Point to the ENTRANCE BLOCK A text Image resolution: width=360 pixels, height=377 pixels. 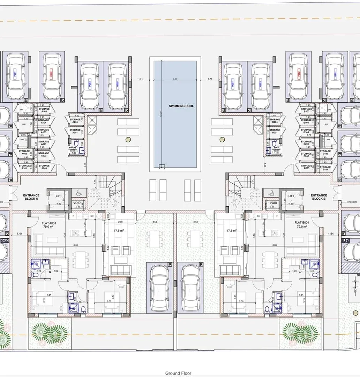coord(31,197)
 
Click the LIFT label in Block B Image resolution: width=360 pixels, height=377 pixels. coord(291,196)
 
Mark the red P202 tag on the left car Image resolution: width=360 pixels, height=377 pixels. coord(51,74)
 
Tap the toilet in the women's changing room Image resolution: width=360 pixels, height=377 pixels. coord(76,143)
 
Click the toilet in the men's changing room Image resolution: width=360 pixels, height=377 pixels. coord(274,143)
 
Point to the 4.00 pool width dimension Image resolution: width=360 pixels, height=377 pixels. coord(175,79)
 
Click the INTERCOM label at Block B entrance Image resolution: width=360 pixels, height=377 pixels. coord(351,202)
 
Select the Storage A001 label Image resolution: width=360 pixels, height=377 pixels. coord(75,132)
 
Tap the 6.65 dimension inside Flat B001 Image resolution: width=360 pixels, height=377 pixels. coord(275,245)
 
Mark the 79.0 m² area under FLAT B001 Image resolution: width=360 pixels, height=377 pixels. coord(302,227)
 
